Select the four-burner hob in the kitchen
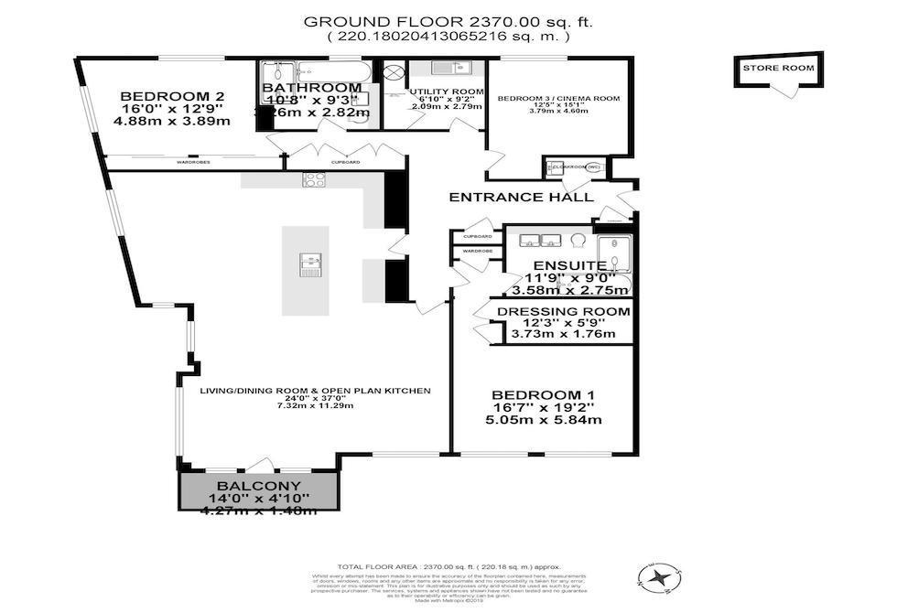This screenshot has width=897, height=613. tap(314, 179)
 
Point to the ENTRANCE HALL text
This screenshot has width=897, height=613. tap(521, 197)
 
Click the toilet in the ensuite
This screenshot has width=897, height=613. tap(577, 241)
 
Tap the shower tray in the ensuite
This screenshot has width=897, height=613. tap(614, 255)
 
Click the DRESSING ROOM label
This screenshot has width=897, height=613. tap(563, 311)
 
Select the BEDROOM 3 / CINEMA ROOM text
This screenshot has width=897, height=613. tap(558, 98)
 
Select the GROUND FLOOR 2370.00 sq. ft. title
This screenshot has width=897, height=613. tap(448, 21)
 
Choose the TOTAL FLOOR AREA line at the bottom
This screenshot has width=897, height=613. tap(448, 566)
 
